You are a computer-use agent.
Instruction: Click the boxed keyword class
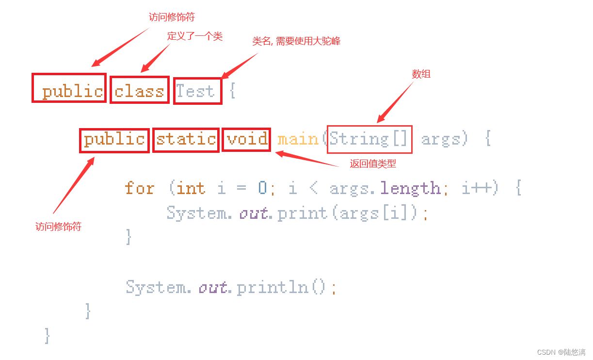[140, 90]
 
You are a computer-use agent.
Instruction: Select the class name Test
[195, 91]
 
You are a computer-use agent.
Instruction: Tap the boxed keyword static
[186, 140]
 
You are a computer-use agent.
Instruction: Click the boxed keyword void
[247, 140]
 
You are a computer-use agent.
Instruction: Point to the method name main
[298, 140]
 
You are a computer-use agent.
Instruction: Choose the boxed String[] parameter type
[369, 140]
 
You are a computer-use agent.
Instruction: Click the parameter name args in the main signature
[441, 140]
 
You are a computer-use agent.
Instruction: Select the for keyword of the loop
[140, 188]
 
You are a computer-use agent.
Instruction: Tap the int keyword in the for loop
[191, 188]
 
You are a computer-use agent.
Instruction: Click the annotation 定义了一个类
[195, 36]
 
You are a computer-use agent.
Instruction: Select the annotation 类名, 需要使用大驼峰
[296, 41]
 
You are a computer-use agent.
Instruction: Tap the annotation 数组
[421, 74]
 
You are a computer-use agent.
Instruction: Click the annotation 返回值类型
[373, 164]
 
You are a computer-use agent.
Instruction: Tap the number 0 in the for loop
[262, 188]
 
